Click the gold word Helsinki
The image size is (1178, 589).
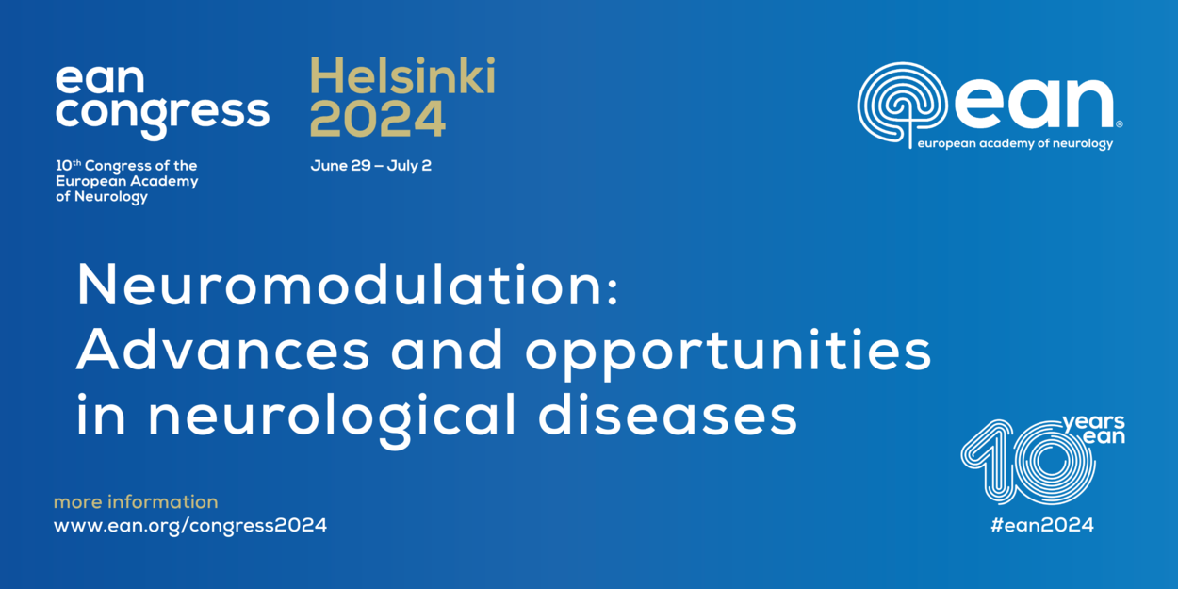click(x=402, y=76)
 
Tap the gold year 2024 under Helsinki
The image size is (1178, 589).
click(x=378, y=119)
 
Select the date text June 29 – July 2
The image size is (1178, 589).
click(x=370, y=166)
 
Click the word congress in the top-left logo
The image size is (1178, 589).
click(x=162, y=116)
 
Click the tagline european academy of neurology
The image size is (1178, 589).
click(x=1015, y=143)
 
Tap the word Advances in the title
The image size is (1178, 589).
click(x=223, y=350)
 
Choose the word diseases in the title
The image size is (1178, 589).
click(x=667, y=415)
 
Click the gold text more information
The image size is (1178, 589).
click(x=136, y=501)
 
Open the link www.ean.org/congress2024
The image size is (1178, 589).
click(x=190, y=525)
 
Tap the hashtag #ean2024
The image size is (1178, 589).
click(x=1041, y=525)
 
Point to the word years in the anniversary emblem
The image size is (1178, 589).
click(x=1093, y=422)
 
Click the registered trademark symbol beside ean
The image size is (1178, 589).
click(x=1119, y=124)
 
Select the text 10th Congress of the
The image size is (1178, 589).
click(x=126, y=166)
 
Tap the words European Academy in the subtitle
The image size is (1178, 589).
click(x=126, y=182)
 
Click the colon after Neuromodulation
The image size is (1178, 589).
click(x=612, y=291)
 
